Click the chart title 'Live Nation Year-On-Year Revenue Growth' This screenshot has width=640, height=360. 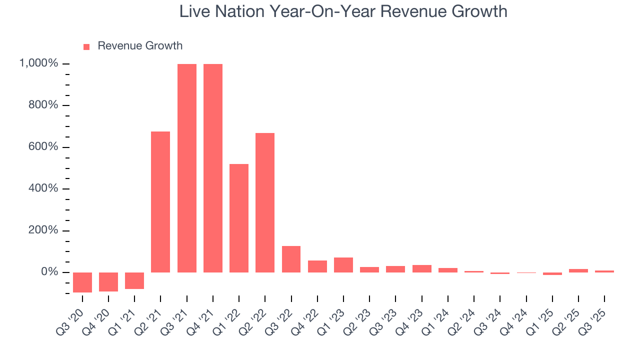pyautogui.click(x=343, y=12)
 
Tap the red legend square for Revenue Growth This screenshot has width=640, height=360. pyautogui.click(x=86, y=46)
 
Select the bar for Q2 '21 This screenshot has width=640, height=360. pyautogui.click(x=160, y=202)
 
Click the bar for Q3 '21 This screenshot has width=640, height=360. pyautogui.click(x=187, y=168)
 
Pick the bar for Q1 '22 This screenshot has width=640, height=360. pyautogui.click(x=239, y=218)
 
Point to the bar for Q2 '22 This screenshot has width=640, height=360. pyautogui.click(x=265, y=202)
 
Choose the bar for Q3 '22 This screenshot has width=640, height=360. pyautogui.click(x=291, y=259)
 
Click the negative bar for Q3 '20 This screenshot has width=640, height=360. pyautogui.click(x=82, y=282)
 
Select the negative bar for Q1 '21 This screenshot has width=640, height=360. pyautogui.click(x=134, y=280)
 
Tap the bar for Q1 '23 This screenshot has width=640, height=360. pyautogui.click(x=343, y=265)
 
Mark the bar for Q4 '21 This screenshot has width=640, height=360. pyautogui.click(x=213, y=168)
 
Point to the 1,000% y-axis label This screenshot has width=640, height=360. pyautogui.click(x=38, y=63)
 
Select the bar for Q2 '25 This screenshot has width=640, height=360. pyautogui.click(x=578, y=270)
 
